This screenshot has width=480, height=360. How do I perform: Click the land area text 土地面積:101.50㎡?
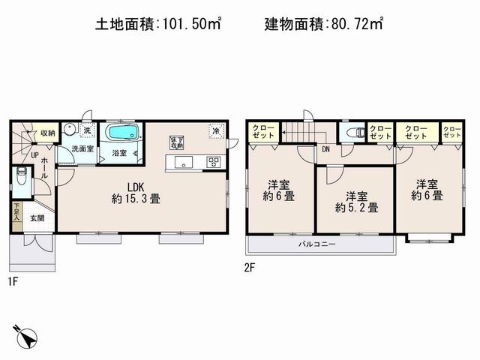[x=157, y=25]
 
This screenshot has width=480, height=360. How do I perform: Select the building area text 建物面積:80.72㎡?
[x=324, y=25]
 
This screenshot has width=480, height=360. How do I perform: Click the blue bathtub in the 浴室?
[x=120, y=133]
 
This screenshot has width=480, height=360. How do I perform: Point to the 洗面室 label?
[x=82, y=149]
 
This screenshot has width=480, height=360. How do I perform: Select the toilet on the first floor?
[x=21, y=180]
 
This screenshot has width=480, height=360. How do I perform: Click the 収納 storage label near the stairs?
[x=48, y=133]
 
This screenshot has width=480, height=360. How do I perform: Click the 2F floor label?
[x=248, y=265]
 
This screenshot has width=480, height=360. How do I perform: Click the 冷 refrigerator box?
[x=215, y=130]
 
